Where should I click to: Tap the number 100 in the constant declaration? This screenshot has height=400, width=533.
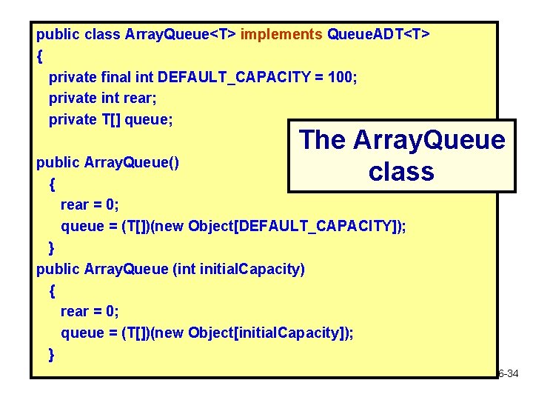click(x=342, y=76)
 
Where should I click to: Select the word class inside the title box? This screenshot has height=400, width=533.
click(x=400, y=171)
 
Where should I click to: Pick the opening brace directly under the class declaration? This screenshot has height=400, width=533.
click(x=39, y=56)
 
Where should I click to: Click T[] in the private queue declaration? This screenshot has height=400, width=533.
click(x=110, y=119)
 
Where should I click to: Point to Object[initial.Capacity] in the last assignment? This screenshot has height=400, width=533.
click(x=267, y=333)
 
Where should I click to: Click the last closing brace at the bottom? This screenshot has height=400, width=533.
click(x=51, y=355)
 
